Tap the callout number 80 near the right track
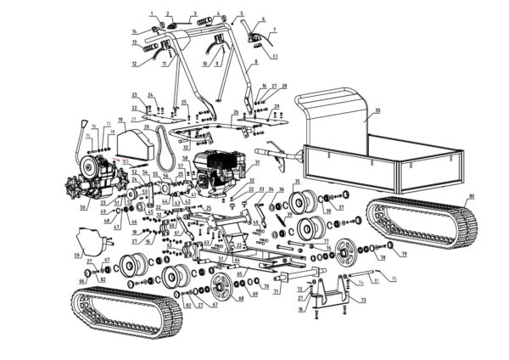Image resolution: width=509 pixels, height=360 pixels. pos(472,198)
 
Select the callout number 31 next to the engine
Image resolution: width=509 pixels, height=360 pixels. pos(257,163)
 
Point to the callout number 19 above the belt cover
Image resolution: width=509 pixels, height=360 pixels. pos(122,120)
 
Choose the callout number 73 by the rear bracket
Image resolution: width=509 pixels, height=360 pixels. pos(363,301)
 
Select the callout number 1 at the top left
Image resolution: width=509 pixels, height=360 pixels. pos(152,14)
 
